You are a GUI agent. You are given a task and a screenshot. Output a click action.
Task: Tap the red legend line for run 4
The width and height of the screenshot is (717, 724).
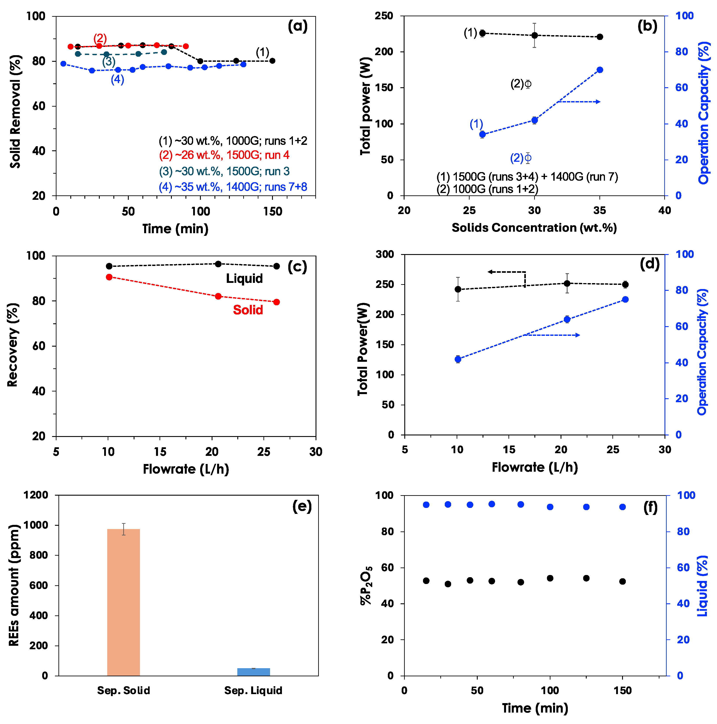point(224,155)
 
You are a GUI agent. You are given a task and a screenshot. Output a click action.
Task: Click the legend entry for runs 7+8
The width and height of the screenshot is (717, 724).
point(233,187)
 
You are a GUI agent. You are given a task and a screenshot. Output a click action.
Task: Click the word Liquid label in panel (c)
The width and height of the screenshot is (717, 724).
point(244,278)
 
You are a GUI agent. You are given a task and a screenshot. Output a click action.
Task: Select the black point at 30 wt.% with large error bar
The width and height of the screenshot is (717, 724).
point(535,35)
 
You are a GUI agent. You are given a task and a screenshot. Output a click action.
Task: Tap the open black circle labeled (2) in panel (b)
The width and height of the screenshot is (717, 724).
point(528,84)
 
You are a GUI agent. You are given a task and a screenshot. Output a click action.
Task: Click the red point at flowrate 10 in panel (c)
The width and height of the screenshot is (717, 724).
point(109,277)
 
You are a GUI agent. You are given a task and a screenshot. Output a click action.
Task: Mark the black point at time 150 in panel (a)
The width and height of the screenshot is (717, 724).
point(272,61)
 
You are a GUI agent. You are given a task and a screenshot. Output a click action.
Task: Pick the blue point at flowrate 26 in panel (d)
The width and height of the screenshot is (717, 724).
point(625,299)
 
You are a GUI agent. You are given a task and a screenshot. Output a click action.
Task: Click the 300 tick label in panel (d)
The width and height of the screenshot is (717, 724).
point(385,255)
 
